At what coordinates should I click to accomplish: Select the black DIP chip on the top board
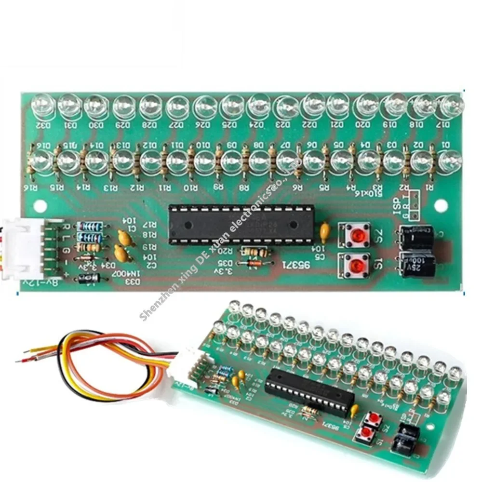pos(241,224)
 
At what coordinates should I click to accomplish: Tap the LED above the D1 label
pos(451,160)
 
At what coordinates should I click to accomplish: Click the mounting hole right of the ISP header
pos(438,205)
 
